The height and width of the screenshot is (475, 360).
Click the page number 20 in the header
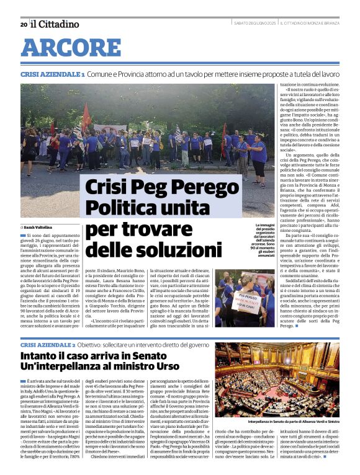pos(23,25)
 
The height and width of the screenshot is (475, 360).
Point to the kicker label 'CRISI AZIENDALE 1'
pos(52,74)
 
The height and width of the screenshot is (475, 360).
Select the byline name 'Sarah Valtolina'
pos(40,228)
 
